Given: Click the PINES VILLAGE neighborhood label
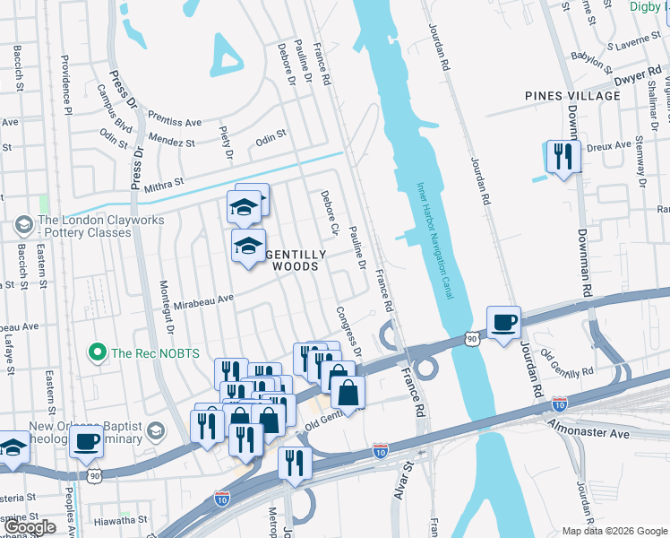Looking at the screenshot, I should [573, 96].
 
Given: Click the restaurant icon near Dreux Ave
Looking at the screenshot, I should [563, 157].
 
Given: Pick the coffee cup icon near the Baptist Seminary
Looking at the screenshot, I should [87, 441].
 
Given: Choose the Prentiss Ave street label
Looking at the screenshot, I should [176, 121].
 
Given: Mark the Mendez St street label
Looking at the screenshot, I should [173, 142].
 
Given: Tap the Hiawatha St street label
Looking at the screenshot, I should [118, 519].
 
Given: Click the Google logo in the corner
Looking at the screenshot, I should [30, 527].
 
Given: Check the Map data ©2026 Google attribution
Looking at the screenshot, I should [614, 531].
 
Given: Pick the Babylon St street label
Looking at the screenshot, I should [594, 59].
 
